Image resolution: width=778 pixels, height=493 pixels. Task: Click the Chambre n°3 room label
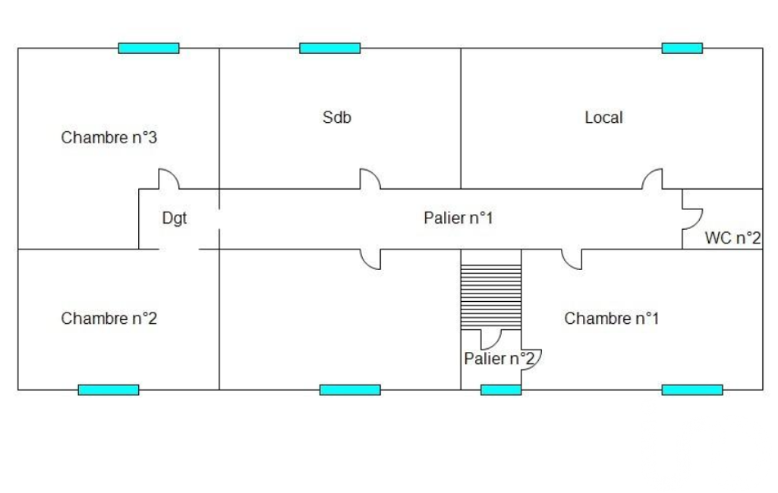click(x=109, y=138)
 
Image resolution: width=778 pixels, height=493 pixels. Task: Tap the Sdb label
click(x=337, y=118)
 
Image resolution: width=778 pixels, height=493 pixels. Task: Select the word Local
click(x=603, y=118)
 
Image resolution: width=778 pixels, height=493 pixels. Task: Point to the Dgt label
click(x=174, y=218)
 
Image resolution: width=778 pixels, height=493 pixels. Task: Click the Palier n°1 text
click(x=458, y=218)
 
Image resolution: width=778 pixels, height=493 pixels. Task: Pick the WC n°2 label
click(x=732, y=238)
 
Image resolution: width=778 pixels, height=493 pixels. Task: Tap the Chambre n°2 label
click(x=109, y=319)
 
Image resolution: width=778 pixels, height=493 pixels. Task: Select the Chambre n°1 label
click(x=611, y=319)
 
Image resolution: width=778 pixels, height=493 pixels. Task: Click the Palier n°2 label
click(x=499, y=358)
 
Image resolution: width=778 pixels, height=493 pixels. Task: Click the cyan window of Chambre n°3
click(x=149, y=49)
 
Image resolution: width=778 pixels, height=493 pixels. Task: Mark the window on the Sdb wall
click(x=329, y=49)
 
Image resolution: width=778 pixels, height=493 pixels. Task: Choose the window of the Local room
click(x=682, y=49)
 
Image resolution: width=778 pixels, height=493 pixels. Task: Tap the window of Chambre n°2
click(x=109, y=390)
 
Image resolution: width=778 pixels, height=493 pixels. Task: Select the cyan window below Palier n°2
click(x=501, y=390)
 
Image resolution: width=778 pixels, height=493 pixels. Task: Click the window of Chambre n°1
click(x=691, y=390)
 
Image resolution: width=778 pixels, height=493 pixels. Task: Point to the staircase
click(x=491, y=297)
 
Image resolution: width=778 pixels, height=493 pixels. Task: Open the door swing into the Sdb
click(x=370, y=179)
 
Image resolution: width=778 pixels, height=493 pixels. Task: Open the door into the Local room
click(x=652, y=179)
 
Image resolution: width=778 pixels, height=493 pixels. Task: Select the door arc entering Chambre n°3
click(x=168, y=179)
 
